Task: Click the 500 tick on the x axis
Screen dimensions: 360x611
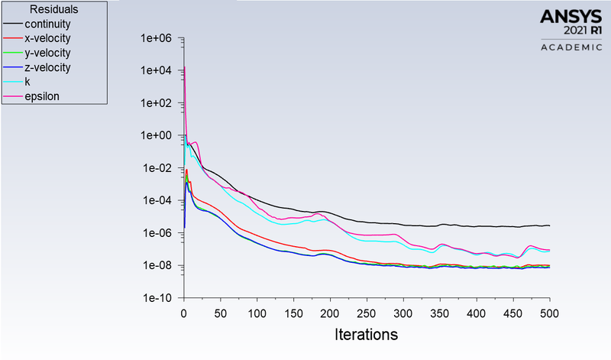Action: click(x=550, y=313)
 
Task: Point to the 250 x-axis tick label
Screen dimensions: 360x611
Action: click(x=367, y=313)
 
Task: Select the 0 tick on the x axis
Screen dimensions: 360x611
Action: click(x=183, y=313)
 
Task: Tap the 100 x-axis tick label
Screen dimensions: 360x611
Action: click(x=257, y=313)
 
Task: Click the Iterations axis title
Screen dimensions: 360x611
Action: click(x=366, y=335)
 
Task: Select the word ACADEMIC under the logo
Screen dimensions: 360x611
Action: click(x=571, y=47)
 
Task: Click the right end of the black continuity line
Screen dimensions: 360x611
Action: click(x=549, y=225)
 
